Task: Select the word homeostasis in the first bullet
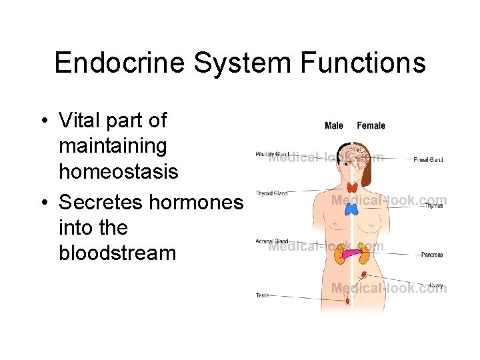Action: click(x=119, y=171)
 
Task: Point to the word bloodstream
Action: click(x=117, y=253)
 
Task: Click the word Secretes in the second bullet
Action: click(x=101, y=201)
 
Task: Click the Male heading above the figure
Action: click(x=334, y=125)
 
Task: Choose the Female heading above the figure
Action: click(x=371, y=125)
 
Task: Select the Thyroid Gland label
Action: click(x=271, y=193)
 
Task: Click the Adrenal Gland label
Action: click(x=271, y=241)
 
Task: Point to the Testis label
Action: click(x=263, y=295)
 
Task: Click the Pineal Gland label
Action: click(x=428, y=160)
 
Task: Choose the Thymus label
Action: click(x=433, y=205)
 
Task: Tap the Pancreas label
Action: click(x=431, y=255)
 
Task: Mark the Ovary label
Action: click(x=436, y=285)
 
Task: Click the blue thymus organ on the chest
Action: click(x=352, y=209)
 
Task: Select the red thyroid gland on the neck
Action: click(x=351, y=188)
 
